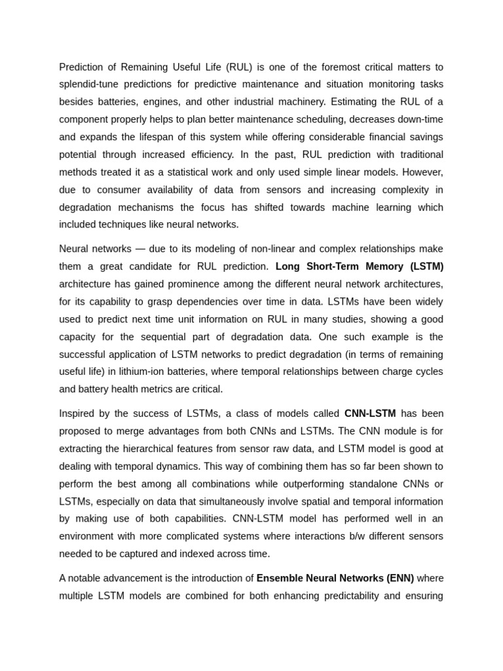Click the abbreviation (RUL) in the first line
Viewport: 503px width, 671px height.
tap(239, 67)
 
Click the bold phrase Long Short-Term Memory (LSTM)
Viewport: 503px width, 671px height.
tap(359, 267)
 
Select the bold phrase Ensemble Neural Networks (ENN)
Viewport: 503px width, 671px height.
tap(335, 578)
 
